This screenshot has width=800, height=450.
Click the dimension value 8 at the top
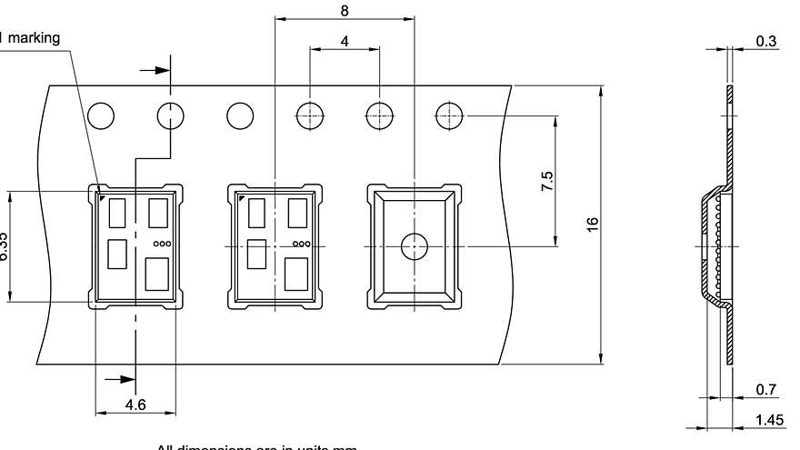click(343, 11)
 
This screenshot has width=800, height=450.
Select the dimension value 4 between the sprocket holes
click(344, 41)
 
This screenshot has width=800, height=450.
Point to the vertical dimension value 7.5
click(546, 180)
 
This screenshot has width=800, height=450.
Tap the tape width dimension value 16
click(592, 224)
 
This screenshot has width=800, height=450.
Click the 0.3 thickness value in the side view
click(766, 41)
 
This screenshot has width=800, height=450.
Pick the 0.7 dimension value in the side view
click(766, 390)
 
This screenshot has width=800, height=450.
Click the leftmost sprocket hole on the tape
click(102, 116)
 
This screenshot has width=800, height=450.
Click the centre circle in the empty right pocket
click(414, 245)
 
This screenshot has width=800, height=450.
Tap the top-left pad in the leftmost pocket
click(118, 213)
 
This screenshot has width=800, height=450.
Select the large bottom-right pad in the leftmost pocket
click(158, 272)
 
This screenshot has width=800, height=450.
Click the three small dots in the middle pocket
click(300, 244)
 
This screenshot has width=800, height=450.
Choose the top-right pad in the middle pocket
click(297, 212)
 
